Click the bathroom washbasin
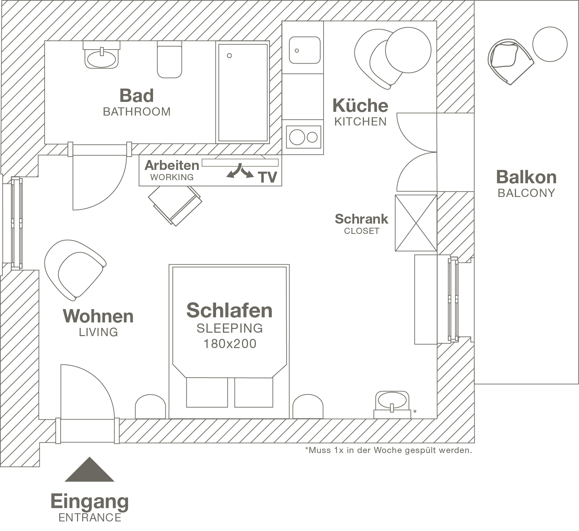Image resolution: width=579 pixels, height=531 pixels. (101, 58)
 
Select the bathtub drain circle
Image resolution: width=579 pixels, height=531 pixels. (229, 56)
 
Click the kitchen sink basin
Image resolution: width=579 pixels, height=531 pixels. (304, 51)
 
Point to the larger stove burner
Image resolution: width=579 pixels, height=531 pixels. (297, 137)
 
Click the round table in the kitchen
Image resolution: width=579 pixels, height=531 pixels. (408, 50)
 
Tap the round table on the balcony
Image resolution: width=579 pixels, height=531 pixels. (550, 44)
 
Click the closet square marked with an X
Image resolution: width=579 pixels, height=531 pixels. (416, 223)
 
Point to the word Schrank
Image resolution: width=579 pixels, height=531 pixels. (361, 219)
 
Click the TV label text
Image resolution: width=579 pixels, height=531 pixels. (268, 177)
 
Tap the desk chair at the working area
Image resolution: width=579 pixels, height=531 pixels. (175, 205)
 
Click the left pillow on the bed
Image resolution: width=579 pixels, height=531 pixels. (207, 392)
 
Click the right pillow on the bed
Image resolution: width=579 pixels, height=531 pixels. (254, 392)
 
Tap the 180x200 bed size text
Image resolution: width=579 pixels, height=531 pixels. (230, 344)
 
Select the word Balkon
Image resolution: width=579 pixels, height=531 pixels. (526, 177)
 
